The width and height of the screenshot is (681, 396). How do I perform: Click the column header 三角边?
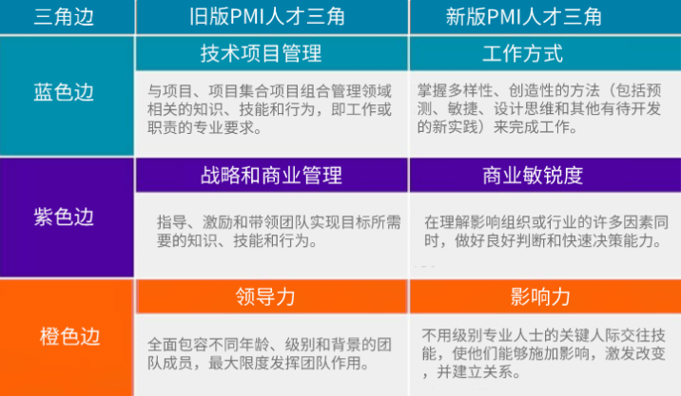(64, 16)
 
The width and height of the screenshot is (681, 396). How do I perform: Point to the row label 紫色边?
(64, 216)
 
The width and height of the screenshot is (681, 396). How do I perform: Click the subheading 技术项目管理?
(261, 52)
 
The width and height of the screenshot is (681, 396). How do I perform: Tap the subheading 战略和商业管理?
(271, 175)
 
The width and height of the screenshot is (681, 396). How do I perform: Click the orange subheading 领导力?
(265, 296)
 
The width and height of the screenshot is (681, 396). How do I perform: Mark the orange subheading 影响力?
(540, 296)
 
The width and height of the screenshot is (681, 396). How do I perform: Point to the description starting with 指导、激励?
(279, 231)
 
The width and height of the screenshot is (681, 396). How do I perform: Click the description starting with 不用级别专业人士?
(549, 351)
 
